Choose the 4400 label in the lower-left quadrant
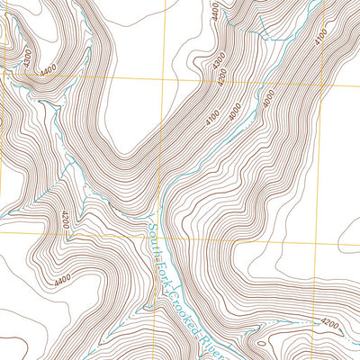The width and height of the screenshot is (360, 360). [x=61, y=281]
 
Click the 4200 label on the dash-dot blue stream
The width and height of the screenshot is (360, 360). [x=329, y=321]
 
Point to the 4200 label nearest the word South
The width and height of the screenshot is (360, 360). [x=66, y=219]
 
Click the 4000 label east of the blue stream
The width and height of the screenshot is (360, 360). [x=267, y=99]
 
